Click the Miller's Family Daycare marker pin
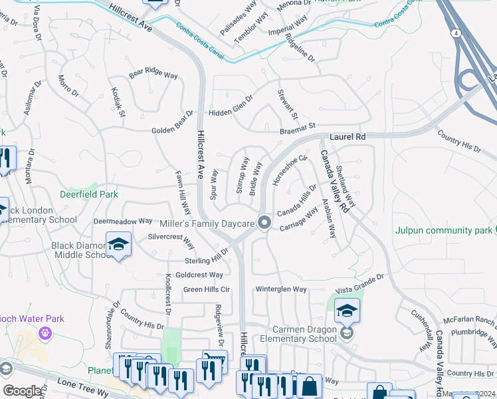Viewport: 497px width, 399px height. coord(264,223)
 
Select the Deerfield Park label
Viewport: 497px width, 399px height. coord(88,195)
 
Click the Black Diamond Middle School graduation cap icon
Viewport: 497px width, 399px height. coord(118,245)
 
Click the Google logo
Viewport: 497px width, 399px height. coord(22,391)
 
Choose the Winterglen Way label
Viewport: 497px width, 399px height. coord(282,289)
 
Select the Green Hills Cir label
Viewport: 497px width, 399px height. coord(207,289)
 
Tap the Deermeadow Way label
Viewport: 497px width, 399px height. coord(123,221)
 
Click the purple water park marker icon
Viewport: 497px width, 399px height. coord(45,332)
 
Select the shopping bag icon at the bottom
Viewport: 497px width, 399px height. coord(310,386)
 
